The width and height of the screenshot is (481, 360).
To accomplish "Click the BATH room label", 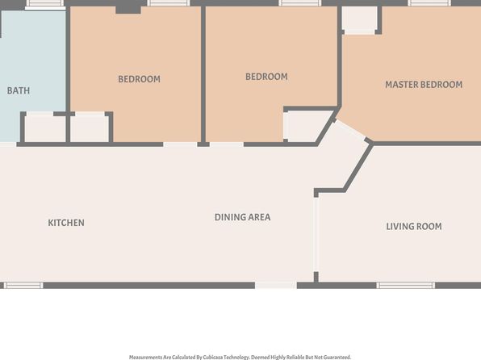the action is click(x=19, y=90).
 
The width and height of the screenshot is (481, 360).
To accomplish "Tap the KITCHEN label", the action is click(x=66, y=223).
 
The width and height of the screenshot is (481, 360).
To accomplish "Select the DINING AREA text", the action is click(x=242, y=217).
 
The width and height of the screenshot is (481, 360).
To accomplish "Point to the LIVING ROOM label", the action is click(x=414, y=227).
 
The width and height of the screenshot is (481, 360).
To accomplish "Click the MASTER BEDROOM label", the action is click(x=424, y=85).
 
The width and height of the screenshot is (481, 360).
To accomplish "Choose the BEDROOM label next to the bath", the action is click(x=140, y=79).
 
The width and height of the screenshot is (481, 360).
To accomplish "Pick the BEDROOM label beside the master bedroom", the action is click(x=266, y=77).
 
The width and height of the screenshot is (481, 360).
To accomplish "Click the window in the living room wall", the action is click(x=405, y=286).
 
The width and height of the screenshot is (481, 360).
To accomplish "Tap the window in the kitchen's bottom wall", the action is click(x=23, y=286).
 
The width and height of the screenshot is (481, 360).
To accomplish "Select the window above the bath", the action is click(x=44, y=3).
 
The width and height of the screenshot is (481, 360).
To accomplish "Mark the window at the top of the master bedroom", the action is click(x=429, y=3).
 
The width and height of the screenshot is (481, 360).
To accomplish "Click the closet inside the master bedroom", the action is click(x=359, y=19).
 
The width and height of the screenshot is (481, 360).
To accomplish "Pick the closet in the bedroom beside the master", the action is click(x=307, y=126).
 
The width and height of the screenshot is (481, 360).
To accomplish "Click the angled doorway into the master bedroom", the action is click(x=351, y=131).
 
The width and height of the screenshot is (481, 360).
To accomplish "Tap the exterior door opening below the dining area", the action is click(x=276, y=286).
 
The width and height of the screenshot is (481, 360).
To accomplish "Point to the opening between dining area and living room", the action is click(x=316, y=234).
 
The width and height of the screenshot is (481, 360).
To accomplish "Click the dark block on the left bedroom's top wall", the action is click(x=128, y=10).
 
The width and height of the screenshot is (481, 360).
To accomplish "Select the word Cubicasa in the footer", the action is click(x=212, y=358).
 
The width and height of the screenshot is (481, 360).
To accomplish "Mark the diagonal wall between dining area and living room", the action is click(x=358, y=168).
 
